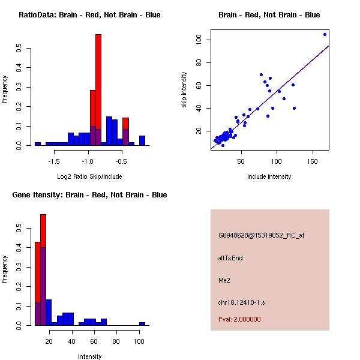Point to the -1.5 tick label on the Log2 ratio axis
[54, 161]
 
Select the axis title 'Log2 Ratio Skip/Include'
[89, 176]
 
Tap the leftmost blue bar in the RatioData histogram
[37, 143]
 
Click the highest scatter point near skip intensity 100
[325, 34]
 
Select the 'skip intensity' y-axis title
[184, 90]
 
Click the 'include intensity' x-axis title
[269, 176]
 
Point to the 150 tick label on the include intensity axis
[313, 161]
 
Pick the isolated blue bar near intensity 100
[142, 323]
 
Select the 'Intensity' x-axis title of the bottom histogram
[89, 356]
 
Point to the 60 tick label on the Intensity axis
[94, 341]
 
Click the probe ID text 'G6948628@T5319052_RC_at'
[261, 235]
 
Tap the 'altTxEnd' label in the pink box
[230, 258]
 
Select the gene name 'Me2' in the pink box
[223, 280]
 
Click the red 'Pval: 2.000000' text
[239, 319]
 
